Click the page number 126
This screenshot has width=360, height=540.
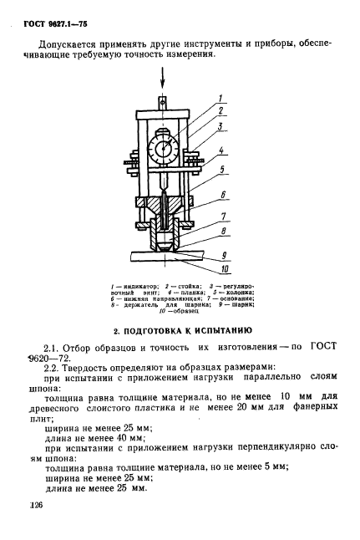coord(35,506)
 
